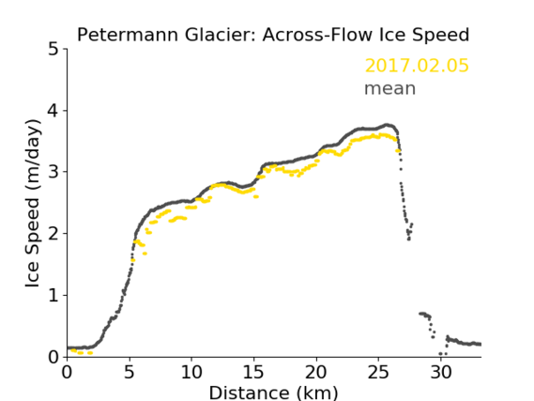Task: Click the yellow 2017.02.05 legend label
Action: pyautogui.click(x=417, y=66)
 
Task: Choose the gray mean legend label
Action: pyautogui.click(x=390, y=88)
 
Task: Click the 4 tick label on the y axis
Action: pyautogui.click(x=53, y=111)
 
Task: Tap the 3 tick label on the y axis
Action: pyautogui.click(x=53, y=172)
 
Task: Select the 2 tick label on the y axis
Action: pyautogui.click(x=53, y=234)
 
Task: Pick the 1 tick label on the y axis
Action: pyautogui.click(x=53, y=296)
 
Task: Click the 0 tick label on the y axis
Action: pyautogui.click(x=53, y=357)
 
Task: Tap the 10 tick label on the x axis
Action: pyautogui.click(x=191, y=372)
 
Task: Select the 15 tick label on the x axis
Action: pyautogui.click(x=253, y=372)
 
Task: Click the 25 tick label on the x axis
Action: pyautogui.click(x=378, y=372)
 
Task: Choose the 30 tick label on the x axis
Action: pyautogui.click(x=441, y=372)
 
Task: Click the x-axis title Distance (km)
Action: pyautogui.click(x=273, y=393)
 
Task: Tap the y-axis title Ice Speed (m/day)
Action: pyautogui.click(x=33, y=204)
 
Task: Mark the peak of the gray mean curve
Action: pyautogui.click(x=387, y=125)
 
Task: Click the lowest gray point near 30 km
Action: pyautogui.click(x=440, y=354)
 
